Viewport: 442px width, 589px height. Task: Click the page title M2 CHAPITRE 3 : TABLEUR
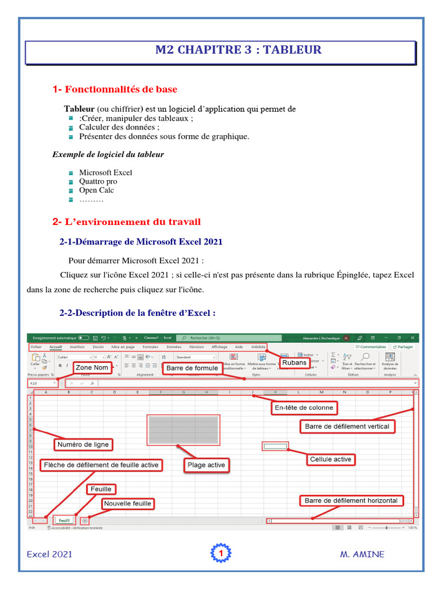pyautogui.click(x=238, y=50)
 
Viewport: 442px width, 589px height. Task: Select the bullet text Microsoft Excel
pyautogui.click(x=105, y=173)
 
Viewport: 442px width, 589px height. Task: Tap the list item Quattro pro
pyautogui.click(x=98, y=181)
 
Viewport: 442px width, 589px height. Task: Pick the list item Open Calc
pyautogui.click(x=96, y=190)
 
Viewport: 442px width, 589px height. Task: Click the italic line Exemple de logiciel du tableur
pyautogui.click(x=108, y=154)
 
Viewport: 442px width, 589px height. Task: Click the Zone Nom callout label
pyautogui.click(x=92, y=368)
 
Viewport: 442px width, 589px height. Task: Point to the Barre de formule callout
pyautogui.click(x=192, y=368)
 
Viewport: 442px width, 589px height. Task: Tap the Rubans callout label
pyautogui.click(x=294, y=362)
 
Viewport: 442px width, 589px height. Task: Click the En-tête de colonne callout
pyautogui.click(x=304, y=408)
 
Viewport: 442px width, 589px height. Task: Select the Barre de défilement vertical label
pyautogui.click(x=347, y=426)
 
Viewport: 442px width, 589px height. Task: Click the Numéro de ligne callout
pyautogui.click(x=83, y=444)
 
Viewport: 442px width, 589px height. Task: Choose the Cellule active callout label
pyautogui.click(x=330, y=459)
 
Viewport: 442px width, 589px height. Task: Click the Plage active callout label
pyautogui.click(x=206, y=465)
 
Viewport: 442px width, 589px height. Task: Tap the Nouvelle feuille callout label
pyautogui.click(x=127, y=503)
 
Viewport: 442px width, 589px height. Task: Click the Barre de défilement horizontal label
pyautogui.click(x=351, y=500)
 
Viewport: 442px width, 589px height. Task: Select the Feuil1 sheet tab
pyautogui.click(x=64, y=521)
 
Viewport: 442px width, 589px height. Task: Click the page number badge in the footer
pyautogui.click(x=220, y=553)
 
